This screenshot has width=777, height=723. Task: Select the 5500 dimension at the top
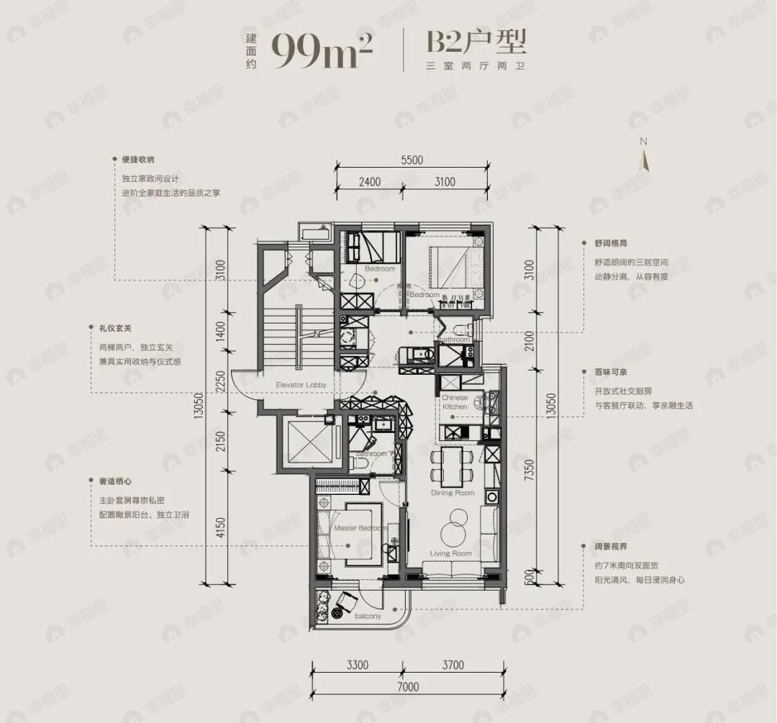(x=412, y=160)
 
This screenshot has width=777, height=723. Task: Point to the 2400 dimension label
(x=369, y=182)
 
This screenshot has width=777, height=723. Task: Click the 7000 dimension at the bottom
(x=407, y=686)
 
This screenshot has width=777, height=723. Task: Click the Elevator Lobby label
(x=301, y=385)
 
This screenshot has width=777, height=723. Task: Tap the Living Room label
(x=450, y=553)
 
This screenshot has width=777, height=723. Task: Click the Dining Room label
(x=453, y=493)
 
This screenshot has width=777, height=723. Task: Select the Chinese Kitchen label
(x=455, y=402)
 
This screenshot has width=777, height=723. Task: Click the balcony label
(x=367, y=617)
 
